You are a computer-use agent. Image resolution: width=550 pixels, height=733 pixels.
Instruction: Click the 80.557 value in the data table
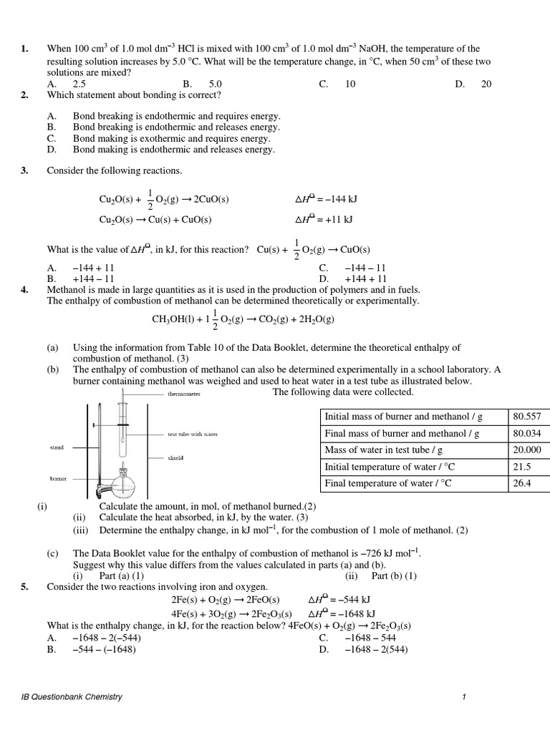(x=527, y=416)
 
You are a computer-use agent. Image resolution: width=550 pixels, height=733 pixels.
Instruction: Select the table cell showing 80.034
(x=527, y=433)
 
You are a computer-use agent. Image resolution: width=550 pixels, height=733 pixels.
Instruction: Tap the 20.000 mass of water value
(x=527, y=450)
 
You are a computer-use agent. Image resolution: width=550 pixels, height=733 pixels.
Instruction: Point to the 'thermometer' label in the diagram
(x=184, y=394)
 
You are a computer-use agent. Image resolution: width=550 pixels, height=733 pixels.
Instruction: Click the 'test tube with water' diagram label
(x=193, y=434)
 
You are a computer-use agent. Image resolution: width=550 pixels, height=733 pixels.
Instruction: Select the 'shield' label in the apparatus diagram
(x=175, y=457)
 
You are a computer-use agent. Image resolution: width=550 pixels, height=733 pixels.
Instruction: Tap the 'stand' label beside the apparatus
(x=57, y=447)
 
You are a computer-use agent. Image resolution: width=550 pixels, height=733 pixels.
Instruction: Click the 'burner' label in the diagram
(x=58, y=478)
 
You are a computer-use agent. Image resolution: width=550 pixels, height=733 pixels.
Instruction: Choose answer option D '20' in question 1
(x=486, y=84)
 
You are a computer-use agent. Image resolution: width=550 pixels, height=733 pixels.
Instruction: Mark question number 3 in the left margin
(x=24, y=170)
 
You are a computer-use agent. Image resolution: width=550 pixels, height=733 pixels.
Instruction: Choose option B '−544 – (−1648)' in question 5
(x=104, y=649)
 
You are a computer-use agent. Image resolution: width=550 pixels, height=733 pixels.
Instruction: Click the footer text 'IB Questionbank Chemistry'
(x=72, y=696)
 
